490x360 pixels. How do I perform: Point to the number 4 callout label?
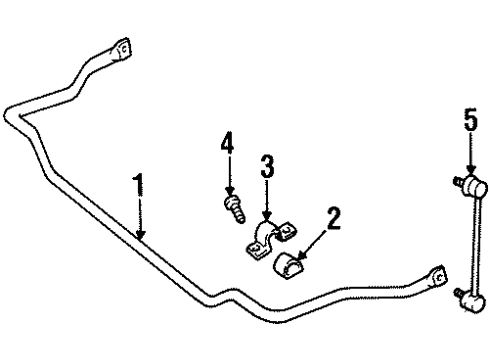pyautogui.click(x=227, y=144)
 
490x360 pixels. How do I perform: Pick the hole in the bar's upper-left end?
pyautogui.click(x=123, y=49)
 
